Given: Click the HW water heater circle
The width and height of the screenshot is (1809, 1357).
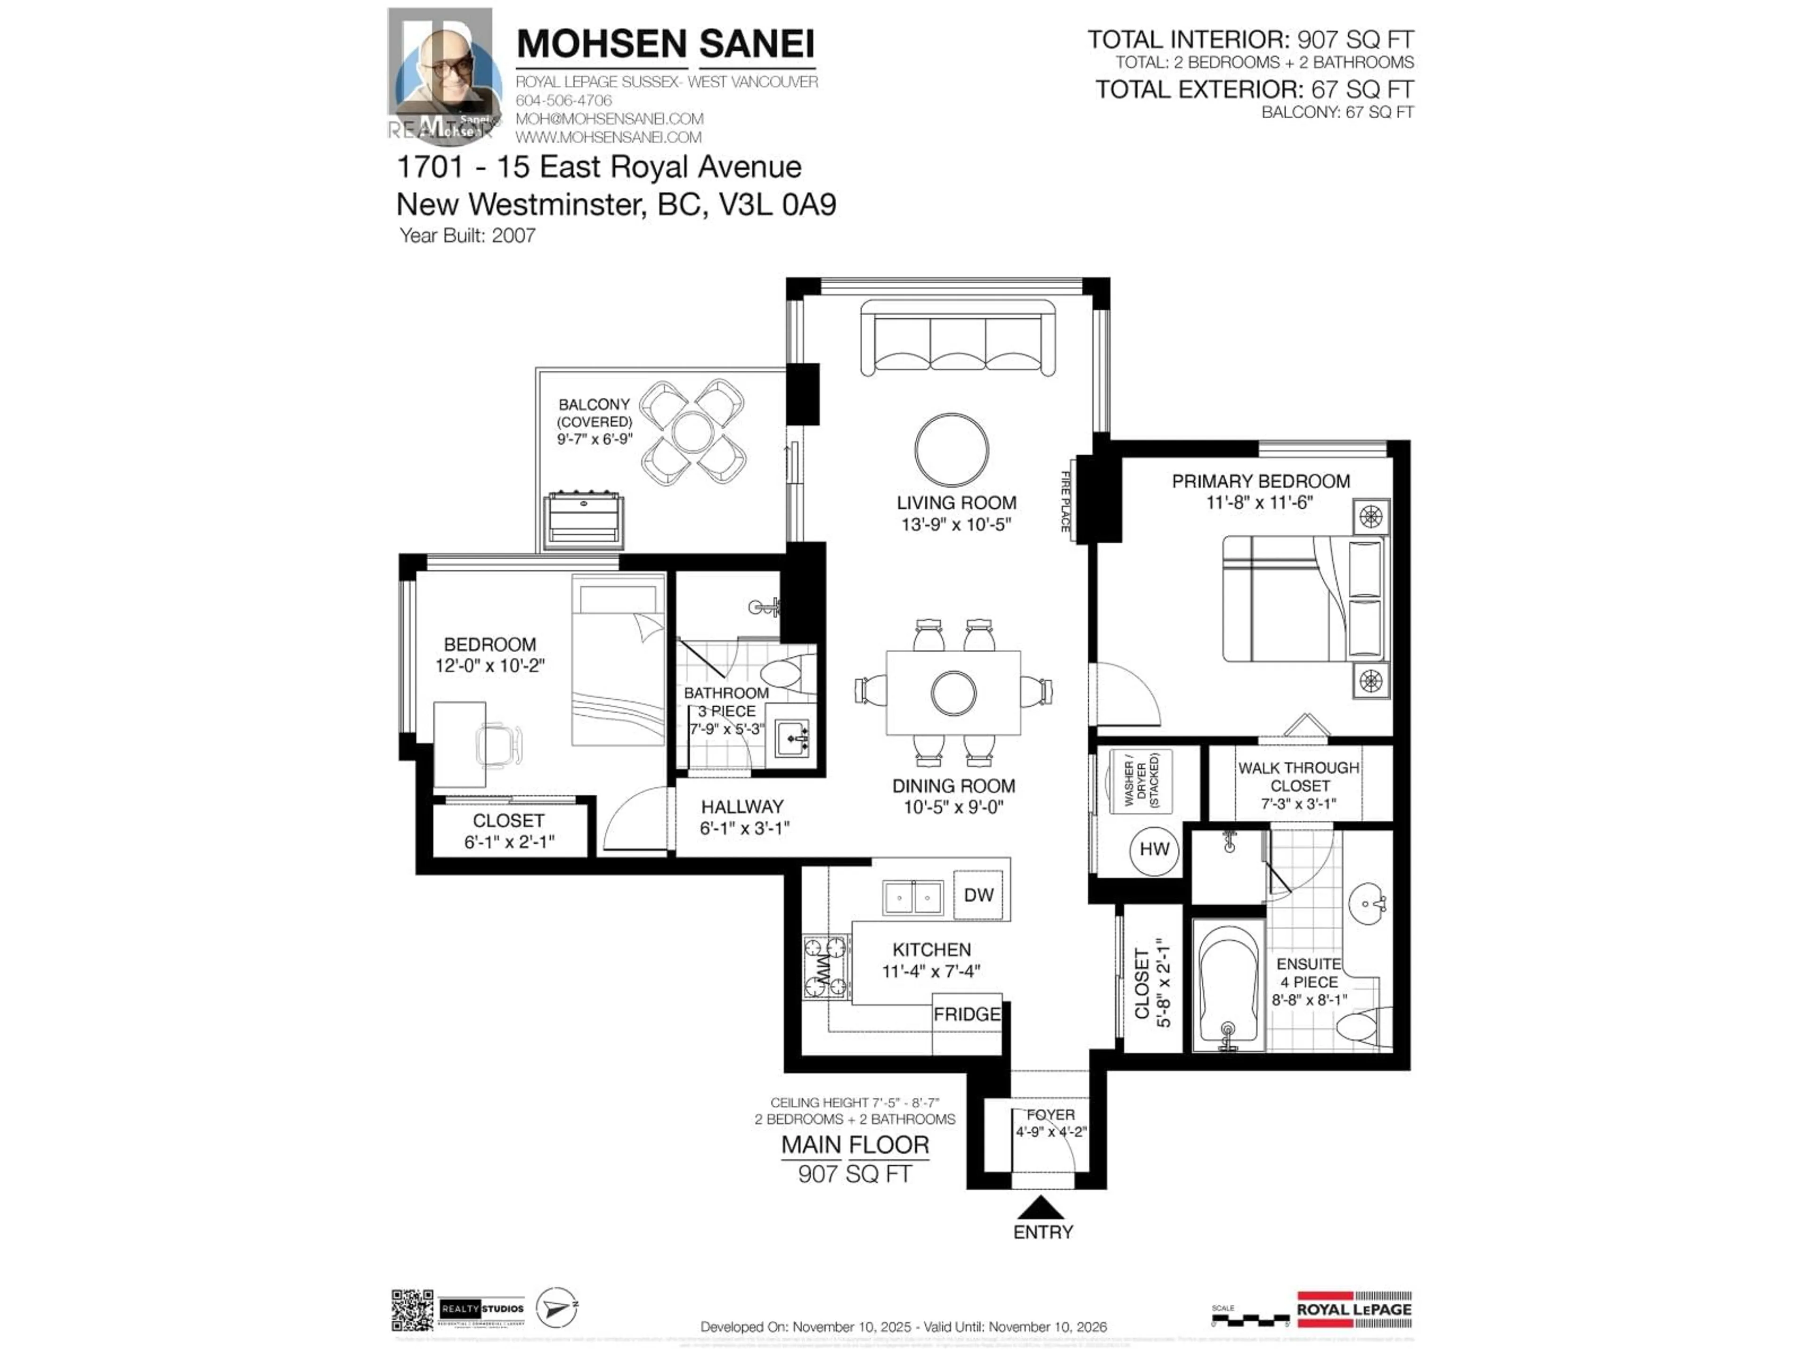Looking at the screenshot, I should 1154,850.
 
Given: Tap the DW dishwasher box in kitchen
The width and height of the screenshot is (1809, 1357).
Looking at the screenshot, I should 978,895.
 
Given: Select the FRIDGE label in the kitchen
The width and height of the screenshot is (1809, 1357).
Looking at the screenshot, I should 967,1014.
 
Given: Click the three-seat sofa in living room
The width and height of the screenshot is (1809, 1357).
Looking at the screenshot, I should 957,338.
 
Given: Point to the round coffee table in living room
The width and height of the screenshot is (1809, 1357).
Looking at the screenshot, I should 951,450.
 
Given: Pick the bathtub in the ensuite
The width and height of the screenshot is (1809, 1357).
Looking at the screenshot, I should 1228,986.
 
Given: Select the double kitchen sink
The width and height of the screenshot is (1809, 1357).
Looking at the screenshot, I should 913,897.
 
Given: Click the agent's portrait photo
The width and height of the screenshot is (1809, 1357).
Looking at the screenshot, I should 445,75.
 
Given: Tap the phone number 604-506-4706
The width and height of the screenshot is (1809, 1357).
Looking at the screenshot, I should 563,100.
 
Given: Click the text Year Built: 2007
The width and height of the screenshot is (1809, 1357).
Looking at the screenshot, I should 467,236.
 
